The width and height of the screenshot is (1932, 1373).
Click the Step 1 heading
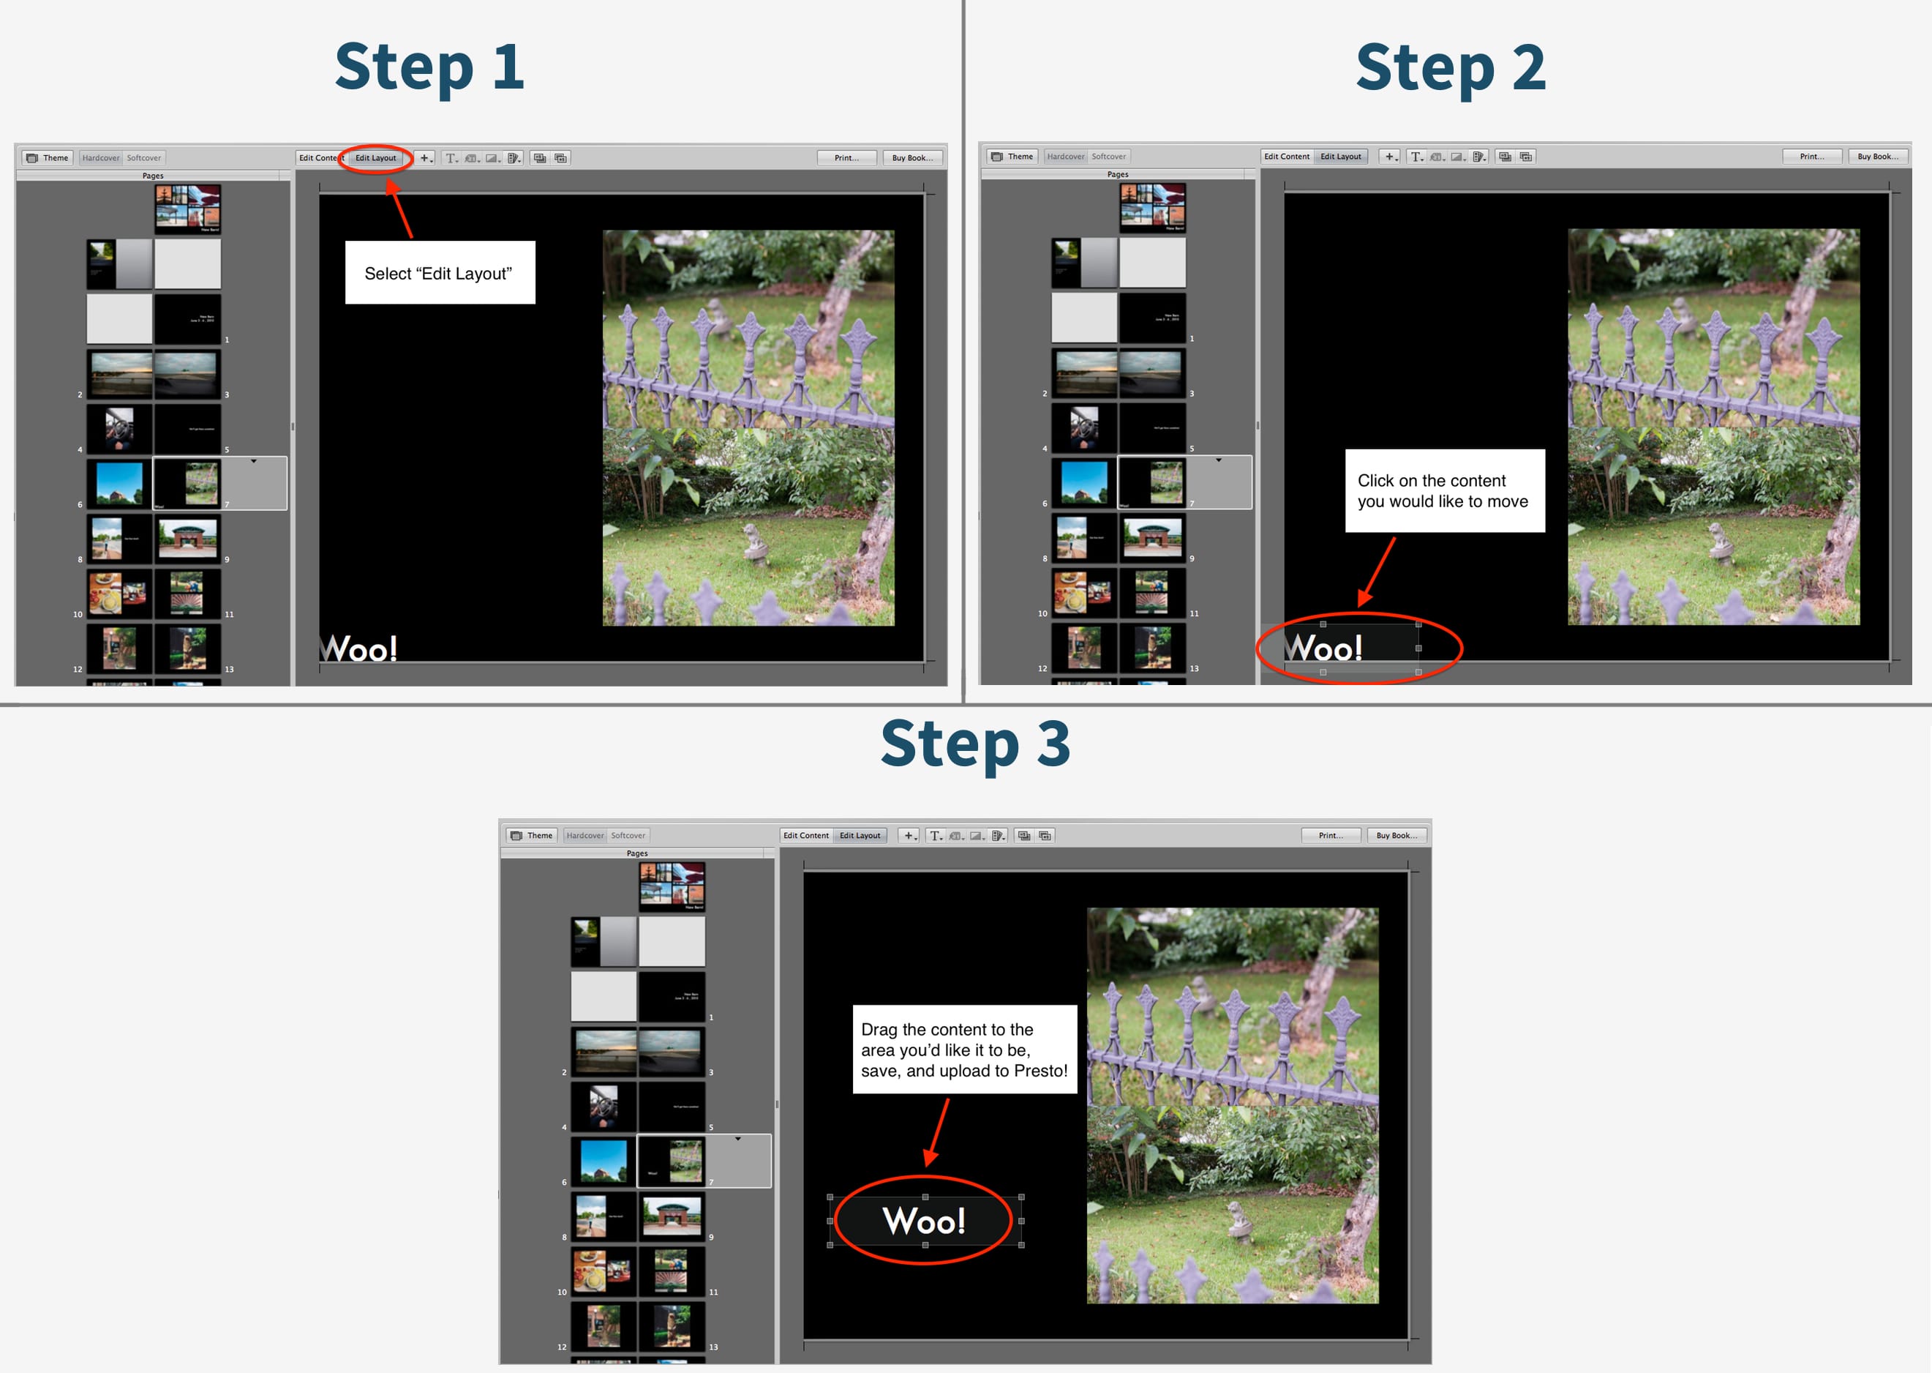429,67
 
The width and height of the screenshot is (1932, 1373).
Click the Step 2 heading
1450,67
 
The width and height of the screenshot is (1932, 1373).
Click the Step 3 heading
975,744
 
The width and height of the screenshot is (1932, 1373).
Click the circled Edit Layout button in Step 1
375,158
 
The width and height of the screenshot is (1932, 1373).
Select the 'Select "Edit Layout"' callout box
440,273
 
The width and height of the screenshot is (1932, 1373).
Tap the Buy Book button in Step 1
912,158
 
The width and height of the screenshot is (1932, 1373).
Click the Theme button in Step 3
532,835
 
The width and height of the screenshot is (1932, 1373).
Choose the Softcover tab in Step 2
1108,157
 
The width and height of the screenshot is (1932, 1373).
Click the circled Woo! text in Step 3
924,1220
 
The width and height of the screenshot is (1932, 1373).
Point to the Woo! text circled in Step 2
1324,648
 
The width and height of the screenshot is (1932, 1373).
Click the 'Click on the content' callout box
1443,490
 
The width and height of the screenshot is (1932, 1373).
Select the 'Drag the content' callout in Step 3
964,1050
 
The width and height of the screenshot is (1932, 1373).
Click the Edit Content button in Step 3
805,835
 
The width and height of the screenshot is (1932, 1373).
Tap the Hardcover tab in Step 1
100,158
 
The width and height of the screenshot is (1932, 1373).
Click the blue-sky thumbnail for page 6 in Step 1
119,484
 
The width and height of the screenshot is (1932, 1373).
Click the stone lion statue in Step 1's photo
752,540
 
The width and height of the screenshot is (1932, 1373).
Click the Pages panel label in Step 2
1117,174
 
